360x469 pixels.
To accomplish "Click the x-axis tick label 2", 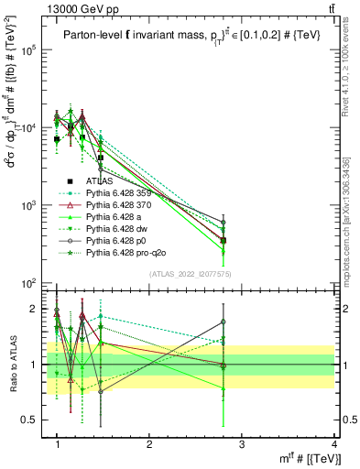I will [x=149, y=444].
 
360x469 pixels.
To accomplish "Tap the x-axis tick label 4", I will [x=334, y=444].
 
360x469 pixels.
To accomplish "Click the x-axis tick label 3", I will [x=242, y=444].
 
